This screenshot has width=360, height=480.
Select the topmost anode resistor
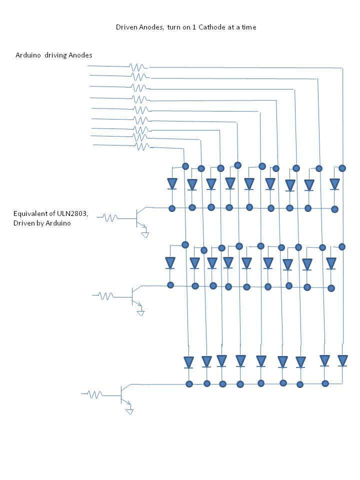pyautogui.click(x=137, y=66)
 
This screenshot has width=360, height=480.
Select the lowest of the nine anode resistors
pyautogui.click(x=142, y=146)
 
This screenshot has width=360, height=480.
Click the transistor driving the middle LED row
pyautogui.click(x=134, y=295)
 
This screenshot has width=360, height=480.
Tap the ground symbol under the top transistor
pyautogui.click(x=145, y=234)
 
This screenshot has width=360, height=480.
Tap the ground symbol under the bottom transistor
pyautogui.click(x=129, y=411)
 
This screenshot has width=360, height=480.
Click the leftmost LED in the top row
pyautogui.click(x=172, y=183)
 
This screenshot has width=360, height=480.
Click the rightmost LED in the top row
pyautogui.click(x=334, y=184)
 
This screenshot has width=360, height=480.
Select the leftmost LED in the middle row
pyautogui.click(x=170, y=262)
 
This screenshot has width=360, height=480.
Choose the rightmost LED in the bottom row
pyautogui.click(x=342, y=360)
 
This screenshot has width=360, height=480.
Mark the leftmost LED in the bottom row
pyautogui.click(x=188, y=361)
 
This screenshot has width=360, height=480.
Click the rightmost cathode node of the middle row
pyautogui.click(x=331, y=288)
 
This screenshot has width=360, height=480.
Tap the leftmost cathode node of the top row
pyautogui.click(x=171, y=208)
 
